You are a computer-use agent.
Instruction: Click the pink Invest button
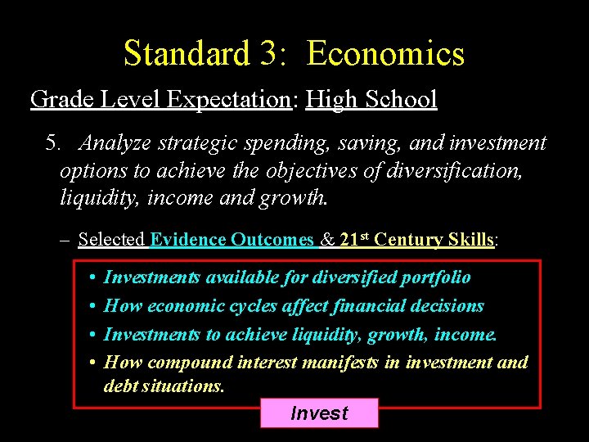319,413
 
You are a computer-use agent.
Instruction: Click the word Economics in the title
385,54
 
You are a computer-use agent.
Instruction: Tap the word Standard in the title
187,54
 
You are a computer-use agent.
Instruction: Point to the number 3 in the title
272,54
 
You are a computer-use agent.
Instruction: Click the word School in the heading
402,100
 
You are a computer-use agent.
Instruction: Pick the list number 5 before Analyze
53,143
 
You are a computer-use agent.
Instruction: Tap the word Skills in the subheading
470,240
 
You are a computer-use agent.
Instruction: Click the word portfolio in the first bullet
435,277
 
